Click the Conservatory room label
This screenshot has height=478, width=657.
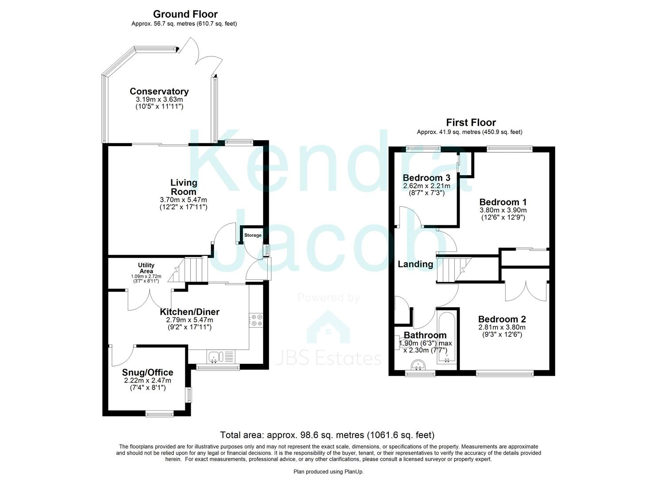[x=159, y=92]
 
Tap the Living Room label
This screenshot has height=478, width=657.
[x=184, y=187]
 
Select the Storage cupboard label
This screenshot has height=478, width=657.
[x=253, y=235]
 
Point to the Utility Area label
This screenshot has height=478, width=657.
[x=146, y=268]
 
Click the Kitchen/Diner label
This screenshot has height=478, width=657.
[x=189, y=312]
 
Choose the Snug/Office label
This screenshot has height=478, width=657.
[x=147, y=373]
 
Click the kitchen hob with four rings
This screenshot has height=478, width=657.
[x=256, y=320]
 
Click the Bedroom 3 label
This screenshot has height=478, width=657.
[x=426, y=178]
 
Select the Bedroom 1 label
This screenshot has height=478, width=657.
[x=503, y=202]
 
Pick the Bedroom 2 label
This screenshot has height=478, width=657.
[x=502, y=319]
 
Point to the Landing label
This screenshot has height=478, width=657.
[x=415, y=264]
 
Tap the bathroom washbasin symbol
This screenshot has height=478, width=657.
[x=418, y=366]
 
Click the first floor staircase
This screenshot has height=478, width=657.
[x=451, y=270]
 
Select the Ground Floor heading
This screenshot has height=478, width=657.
[x=185, y=15]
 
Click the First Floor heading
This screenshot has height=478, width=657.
[x=471, y=123]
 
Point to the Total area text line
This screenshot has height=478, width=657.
[x=327, y=435]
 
